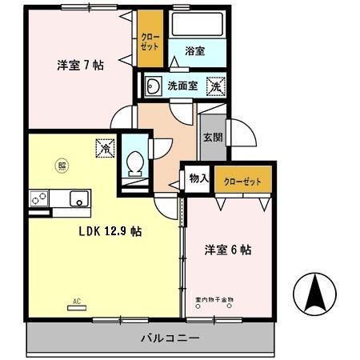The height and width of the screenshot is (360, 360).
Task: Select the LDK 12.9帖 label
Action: click(110, 231)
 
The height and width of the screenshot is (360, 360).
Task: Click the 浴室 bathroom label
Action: click(194, 51)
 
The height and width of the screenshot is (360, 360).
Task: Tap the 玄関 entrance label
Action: click(211, 138)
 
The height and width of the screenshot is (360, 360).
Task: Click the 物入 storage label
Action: click(198, 180)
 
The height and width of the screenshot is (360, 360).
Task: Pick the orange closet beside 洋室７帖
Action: click(149, 40)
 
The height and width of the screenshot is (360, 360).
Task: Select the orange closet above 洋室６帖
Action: click(242, 181)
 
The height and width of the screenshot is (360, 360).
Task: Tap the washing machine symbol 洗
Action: click(215, 84)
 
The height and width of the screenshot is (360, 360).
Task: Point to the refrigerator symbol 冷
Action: click(104, 147)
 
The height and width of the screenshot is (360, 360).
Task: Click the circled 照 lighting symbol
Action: click(61, 166)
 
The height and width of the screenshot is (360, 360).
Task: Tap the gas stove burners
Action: click(39, 198)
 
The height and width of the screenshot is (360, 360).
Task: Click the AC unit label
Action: click(78, 302)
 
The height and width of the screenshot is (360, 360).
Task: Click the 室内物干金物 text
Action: click(216, 297)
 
